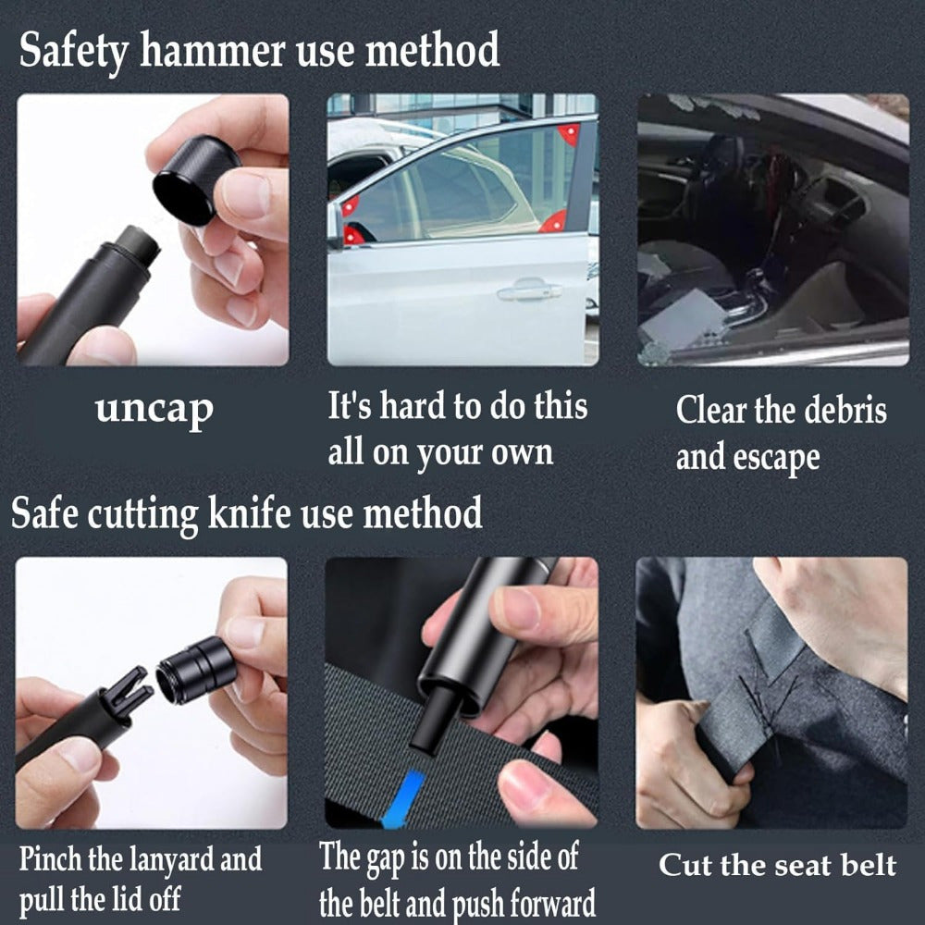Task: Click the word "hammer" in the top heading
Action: (x=213, y=51)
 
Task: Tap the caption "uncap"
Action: (x=154, y=409)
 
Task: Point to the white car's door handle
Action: (x=530, y=290)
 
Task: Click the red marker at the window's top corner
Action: (x=569, y=134)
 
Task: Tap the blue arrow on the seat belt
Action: (x=403, y=799)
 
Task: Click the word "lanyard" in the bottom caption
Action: (x=171, y=859)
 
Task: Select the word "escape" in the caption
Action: (x=776, y=459)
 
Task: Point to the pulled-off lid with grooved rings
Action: (x=197, y=670)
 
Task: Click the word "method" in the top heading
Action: (x=432, y=51)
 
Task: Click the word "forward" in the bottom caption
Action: (x=553, y=904)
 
